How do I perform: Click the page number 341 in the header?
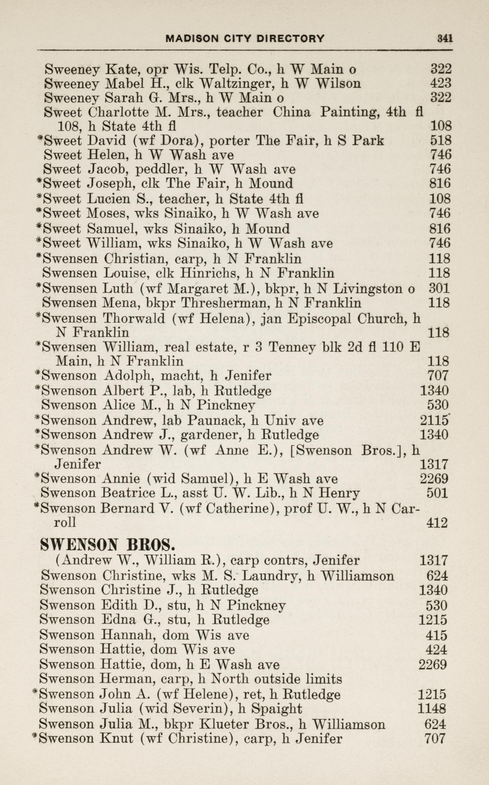pyautogui.click(x=445, y=38)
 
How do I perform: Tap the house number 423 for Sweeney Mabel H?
pyautogui.click(x=440, y=83)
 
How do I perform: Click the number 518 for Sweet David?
pyautogui.click(x=440, y=140)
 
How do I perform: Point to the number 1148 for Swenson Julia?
pyautogui.click(x=432, y=709)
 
